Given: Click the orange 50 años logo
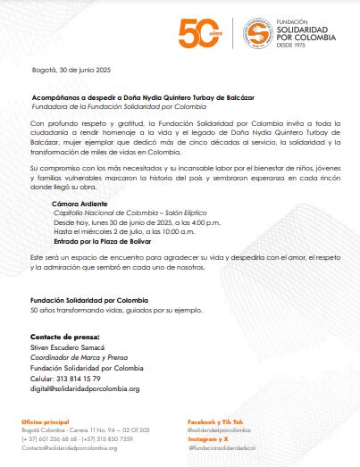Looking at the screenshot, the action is tap(198, 34).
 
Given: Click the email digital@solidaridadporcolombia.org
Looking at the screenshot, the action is tap(85, 388).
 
